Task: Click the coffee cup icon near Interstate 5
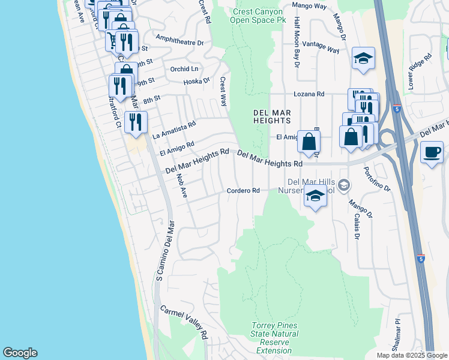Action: click(x=432, y=151)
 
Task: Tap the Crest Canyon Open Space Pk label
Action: click(x=258, y=15)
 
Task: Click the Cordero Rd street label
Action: click(x=243, y=191)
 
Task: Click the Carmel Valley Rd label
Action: click(x=183, y=322)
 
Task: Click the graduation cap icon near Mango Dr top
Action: click(x=363, y=59)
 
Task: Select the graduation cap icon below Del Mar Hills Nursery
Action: click(x=315, y=196)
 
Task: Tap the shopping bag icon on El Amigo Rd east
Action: click(x=309, y=142)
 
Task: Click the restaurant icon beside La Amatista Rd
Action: click(x=135, y=122)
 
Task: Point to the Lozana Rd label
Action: click(x=309, y=94)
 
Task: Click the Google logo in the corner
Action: click(x=20, y=353)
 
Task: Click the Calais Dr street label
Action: click(x=355, y=227)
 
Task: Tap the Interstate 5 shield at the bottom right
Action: click(x=421, y=259)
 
